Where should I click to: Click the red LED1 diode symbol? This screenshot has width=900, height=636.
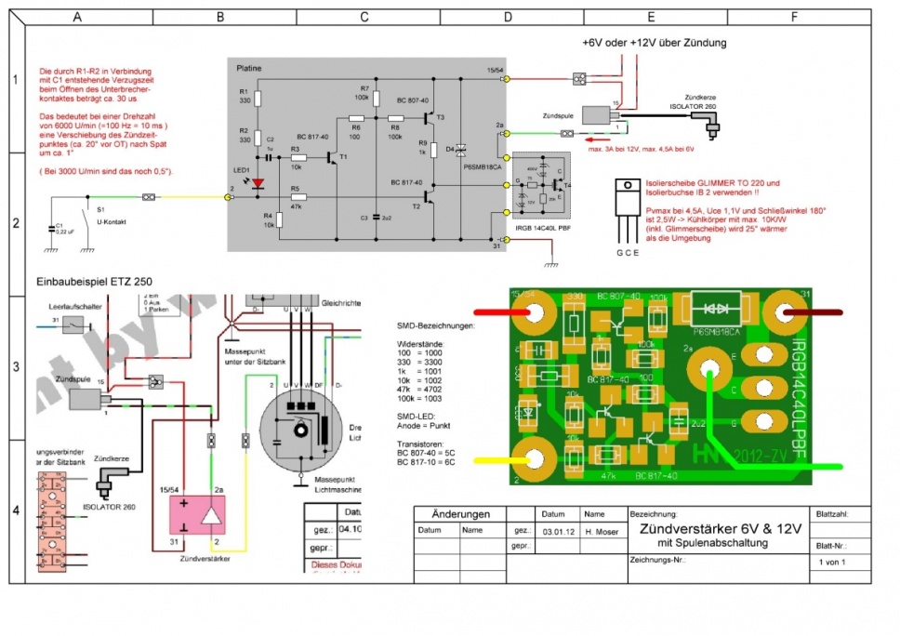tap(260, 183)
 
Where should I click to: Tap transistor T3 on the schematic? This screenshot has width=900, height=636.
tap(429, 118)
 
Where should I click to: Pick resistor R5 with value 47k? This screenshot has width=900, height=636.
tap(298, 197)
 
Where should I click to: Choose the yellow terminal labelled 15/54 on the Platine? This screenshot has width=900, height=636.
tap(505, 81)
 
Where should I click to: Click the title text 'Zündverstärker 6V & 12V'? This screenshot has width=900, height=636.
tap(715, 528)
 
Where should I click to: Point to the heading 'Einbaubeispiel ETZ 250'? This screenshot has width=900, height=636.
tap(94, 280)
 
